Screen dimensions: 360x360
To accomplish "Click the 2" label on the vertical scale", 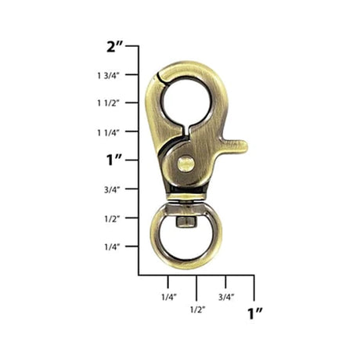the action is pyautogui.click(x=114, y=46).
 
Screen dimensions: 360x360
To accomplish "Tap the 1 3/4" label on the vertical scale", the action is pyautogui.click(x=108, y=76).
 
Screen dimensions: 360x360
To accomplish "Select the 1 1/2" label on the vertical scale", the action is pyautogui.click(x=108, y=103).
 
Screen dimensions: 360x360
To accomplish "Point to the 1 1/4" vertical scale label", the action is pyautogui.click(x=108, y=132).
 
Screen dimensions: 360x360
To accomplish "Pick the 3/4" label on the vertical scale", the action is pyautogui.click(x=112, y=189).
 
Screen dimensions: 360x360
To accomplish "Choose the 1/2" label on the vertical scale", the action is pyautogui.click(x=112, y=218).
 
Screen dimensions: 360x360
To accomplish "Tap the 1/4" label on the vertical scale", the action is pyautogui.click(x=112, y=247).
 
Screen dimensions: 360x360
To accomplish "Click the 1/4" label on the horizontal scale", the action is pyautogui.click(x=169, y=297).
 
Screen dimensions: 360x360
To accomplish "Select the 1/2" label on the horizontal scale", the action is pyautogui.click(x=198, y=310).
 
